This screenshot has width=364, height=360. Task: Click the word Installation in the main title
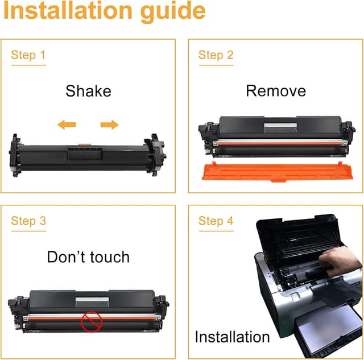(x=68, y=11)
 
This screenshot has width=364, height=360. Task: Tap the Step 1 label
(x=28, y=55)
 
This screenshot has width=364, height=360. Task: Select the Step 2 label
(x=216, y=55)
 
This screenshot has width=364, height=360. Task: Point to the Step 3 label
(x=28, y=221)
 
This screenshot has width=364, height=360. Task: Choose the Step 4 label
(x=216, y=221)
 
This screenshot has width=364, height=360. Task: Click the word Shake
(x=88, y=91)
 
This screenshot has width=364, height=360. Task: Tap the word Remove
(x=276, y=91)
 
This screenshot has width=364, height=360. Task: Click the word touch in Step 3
(x=110, y=257)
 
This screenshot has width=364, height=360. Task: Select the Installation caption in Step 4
(x=232, y=337)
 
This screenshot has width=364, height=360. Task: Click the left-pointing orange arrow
(x=67, y=125)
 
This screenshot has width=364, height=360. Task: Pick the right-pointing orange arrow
(x=110, y=125)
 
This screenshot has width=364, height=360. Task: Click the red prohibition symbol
(x=92, y=322)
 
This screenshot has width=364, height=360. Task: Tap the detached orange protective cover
(x=278, y=172)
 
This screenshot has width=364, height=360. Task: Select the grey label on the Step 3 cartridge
(x=92, y=301)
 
